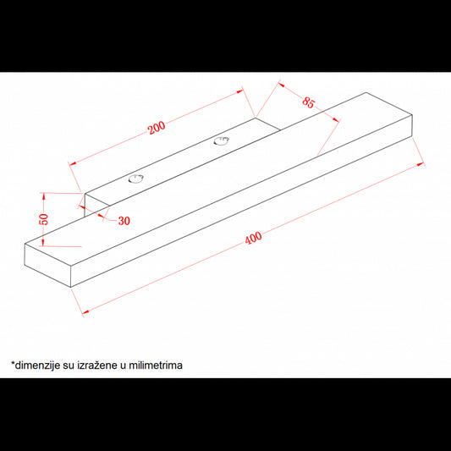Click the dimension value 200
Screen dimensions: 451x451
(x=157, y=128)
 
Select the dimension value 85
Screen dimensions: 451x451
(x=309, y=102)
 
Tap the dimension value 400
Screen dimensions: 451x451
(x=253, y=238)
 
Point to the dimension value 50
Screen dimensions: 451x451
(x=44, y=219)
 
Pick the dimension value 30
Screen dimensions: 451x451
(x=124, y=221)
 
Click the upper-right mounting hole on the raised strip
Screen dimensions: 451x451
(x=222, y=141)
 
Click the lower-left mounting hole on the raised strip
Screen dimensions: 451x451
(x=135, y=179)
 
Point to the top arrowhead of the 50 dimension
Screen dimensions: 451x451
(x=44, y=195)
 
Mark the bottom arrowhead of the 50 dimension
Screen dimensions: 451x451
(x=43, y=243)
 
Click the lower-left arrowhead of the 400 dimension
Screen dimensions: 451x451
(x=85, y=311)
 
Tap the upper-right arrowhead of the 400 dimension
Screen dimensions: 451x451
(x=421, y=164)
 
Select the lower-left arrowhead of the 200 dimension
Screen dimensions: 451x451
(x=73, y=163)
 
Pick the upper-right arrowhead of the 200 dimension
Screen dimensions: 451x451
(x=240, y=91)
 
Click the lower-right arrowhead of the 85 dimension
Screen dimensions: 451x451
(x=336, y=120)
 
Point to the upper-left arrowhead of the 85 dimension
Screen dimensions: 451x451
(x=281, y=85)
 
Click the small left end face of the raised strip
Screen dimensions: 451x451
(x=96, y=206)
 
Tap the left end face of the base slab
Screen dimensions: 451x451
(x=47, y=265)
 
